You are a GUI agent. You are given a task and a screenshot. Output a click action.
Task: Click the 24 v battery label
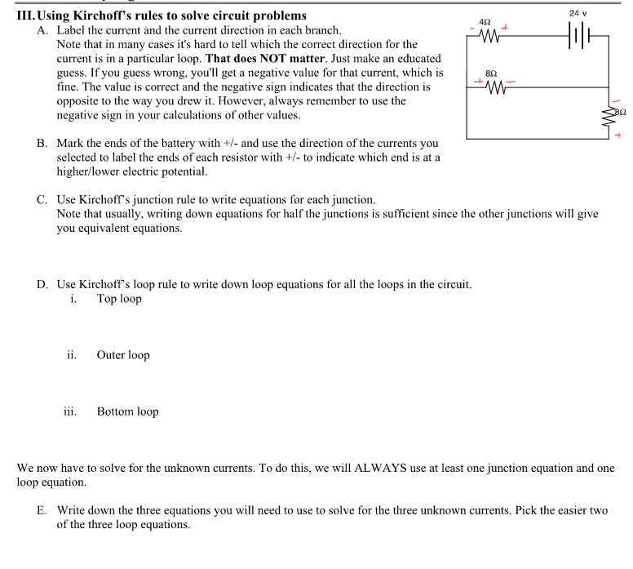pyautogui.click(x=579, y=13)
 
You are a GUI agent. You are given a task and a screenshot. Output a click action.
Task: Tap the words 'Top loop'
pyautogui.click(x=119, y=299)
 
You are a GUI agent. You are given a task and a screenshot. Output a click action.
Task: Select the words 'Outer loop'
pyautogui.click(x=123, y=355)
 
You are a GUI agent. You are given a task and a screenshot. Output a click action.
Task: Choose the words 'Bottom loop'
pyautogui.click(x=127, y=411)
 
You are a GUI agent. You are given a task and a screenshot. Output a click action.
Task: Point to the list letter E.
pyautogui.click(x=41, y=510)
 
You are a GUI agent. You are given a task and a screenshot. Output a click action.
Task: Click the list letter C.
pyautogui.click(x=41, y=200)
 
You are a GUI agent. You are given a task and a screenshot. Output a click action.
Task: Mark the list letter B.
pyautogui.click(x=41, y=144)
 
